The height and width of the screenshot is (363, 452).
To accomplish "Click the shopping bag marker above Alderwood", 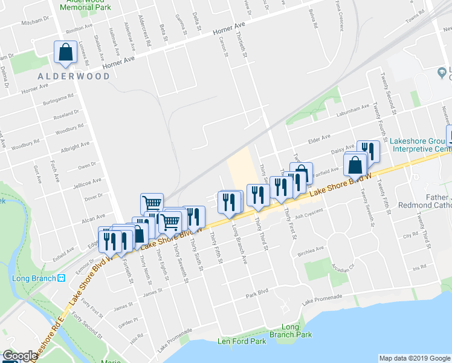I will [65, 53].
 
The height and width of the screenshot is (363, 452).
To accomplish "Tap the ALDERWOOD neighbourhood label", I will [74, 76].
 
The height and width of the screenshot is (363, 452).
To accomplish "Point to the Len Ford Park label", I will [242, 341].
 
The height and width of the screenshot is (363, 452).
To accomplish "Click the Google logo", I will [20, 356].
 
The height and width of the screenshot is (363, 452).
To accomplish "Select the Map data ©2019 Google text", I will [414, 358].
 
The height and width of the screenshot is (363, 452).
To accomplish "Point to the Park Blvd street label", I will [256, 295].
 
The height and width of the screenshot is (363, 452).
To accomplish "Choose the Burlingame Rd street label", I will [57, 99].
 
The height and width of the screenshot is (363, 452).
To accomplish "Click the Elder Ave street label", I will [320, 138].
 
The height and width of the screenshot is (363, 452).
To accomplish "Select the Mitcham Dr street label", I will [34, 22].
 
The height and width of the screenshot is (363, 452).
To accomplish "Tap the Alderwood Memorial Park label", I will [85, 7].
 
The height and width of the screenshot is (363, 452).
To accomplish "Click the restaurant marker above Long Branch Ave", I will [228, 201].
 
